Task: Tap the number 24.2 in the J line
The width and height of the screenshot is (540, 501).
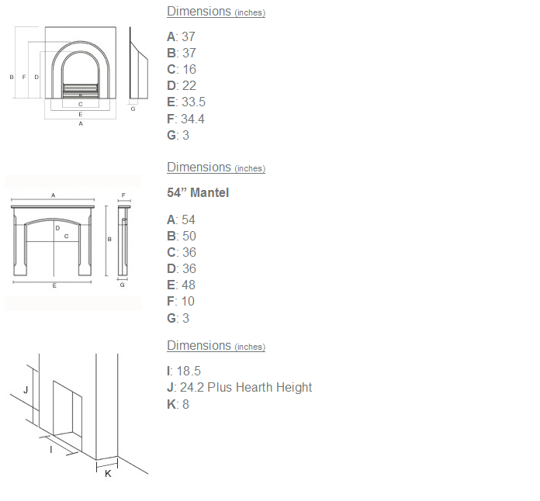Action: click(x=191, y=388)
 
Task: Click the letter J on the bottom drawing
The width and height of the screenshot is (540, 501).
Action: click(x=26, y=390)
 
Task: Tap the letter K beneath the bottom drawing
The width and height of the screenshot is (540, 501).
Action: click(x=108, y=473)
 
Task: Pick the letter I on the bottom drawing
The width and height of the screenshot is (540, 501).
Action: click(x=51, y=448)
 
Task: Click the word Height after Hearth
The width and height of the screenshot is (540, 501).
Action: click(x=296, y=388)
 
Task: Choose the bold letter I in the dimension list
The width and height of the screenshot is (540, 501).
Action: click(x=169, y=371)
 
